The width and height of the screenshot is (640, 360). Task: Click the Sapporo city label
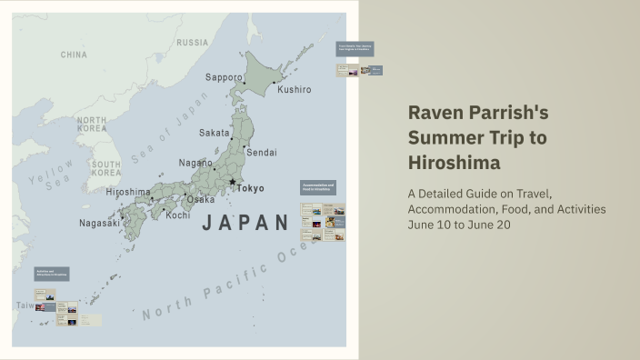[x=223, y=77]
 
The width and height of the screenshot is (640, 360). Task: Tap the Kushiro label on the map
[x=294, y=90]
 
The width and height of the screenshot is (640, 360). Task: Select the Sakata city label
[x=215, y=133]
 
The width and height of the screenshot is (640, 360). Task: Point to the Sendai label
[x=262, y=152]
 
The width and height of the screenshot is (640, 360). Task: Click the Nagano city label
[x=195, y=163]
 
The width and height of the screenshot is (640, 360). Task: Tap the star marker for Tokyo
[x=233, y=183]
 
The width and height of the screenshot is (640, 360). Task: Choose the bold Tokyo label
[x=251, y=188]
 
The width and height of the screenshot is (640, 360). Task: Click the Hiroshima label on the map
[x=128, y=193]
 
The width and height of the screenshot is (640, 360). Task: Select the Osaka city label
[x=201, y=199]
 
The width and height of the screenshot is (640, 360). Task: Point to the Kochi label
[x=178, y=215]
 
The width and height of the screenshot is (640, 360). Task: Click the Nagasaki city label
[x=99, y=223]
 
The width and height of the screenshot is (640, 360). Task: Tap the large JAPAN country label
[x=245, y=223]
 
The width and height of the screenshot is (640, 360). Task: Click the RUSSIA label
[x=192, y=43]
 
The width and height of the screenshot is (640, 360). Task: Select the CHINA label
[x=74, y=55]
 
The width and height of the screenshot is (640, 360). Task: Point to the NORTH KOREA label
[x=92, y=125]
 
